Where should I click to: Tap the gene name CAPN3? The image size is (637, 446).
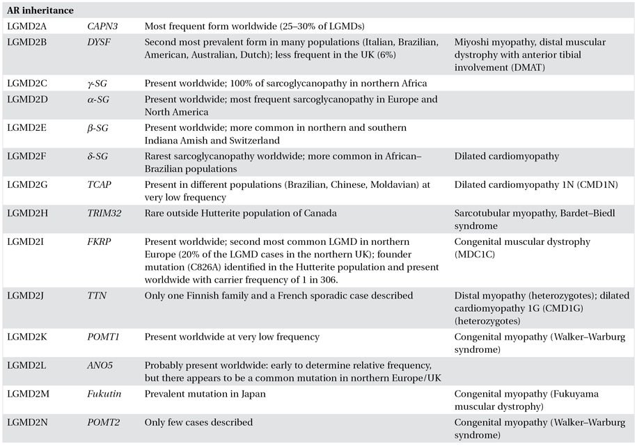click(x=102, y=26)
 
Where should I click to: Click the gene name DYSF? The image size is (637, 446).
click(x=100, y=42)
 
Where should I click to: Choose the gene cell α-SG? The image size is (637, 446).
click(x=100, y=99)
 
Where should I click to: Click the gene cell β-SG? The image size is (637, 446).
click(x=99, y=128)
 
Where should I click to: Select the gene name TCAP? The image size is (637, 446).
click(x=100, y=185)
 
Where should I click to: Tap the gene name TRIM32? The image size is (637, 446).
click(x=104, y=214)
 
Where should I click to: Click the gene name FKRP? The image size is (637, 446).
click(x=100, y=242)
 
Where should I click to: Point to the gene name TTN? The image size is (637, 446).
click(x=97, y=296)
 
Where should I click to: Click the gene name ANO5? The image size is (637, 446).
click(x=100, y=365)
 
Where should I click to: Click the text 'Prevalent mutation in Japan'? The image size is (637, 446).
click(x=208, y=394)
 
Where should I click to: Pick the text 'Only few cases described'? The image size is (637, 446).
click(x=198, y=422)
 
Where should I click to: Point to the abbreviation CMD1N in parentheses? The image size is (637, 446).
click(x=591, y=185)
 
